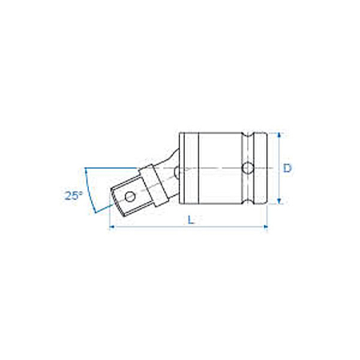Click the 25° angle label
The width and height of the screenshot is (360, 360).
coord(74,196)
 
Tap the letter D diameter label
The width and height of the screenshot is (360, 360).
coord(287,168)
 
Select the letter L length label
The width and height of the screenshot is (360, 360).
coord(190,220)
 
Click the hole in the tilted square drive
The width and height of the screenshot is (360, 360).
coord(130,197)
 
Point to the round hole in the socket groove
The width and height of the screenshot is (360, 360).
coord(248,168)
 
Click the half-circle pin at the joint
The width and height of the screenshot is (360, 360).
coord(177,172)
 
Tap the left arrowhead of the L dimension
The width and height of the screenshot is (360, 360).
coord(112,227)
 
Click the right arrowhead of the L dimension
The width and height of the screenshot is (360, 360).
coord(265,227)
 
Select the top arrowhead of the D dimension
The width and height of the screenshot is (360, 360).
coord(279,135)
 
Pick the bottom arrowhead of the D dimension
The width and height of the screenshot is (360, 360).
coord(279,202)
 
